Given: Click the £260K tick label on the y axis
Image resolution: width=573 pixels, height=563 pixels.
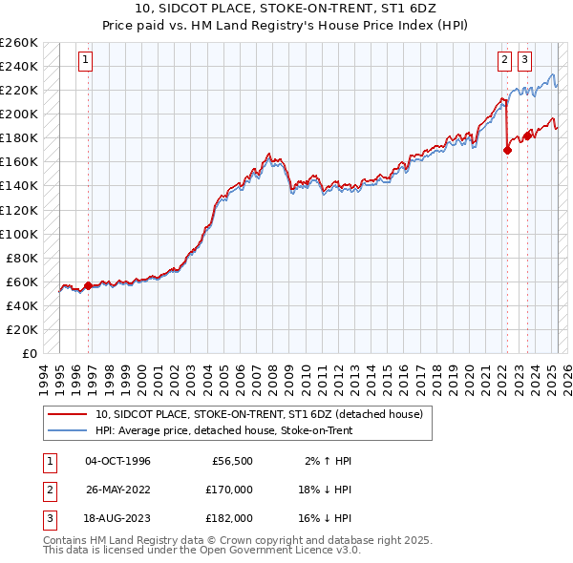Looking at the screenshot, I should (19, 43).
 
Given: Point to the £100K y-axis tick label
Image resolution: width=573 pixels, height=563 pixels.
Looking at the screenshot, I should (19, 234).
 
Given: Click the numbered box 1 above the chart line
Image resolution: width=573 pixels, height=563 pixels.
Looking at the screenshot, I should (86, 60).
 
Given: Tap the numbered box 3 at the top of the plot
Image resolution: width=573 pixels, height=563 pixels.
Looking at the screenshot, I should (524, 60).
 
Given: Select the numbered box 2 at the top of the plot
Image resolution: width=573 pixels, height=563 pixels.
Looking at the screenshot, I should (504, 60).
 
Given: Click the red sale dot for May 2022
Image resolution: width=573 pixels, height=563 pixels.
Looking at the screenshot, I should (507, 150).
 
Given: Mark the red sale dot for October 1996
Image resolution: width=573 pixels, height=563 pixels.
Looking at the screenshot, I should (89, 285).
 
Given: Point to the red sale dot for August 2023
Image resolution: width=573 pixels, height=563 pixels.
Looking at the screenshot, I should (527, 136).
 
